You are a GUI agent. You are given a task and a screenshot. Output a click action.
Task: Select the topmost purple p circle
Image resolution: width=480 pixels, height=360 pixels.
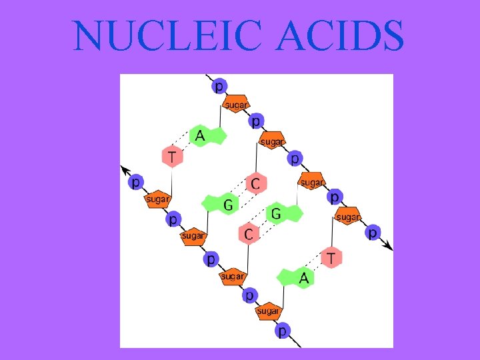[x=219, y=87]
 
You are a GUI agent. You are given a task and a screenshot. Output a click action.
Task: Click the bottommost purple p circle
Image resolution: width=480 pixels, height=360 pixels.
[x=283, y=330]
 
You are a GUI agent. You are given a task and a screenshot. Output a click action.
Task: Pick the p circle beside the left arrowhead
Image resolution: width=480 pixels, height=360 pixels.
[x=135, y=181]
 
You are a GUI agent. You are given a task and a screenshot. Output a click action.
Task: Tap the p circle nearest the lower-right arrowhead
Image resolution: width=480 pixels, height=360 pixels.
[x=373, y=232]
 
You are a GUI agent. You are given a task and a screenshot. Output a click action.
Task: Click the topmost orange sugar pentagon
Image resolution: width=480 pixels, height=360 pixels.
[x=235, y=104]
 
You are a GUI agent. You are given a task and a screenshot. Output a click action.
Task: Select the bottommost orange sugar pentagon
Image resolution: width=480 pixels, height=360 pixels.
[x=268, y=311]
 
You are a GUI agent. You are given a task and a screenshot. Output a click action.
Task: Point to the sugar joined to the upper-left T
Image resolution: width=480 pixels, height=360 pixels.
[x=158, y=199]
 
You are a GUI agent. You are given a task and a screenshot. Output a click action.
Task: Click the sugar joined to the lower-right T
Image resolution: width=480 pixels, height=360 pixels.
[x=347, y=217]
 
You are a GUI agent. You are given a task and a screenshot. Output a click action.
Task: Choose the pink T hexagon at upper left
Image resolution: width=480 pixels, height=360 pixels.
[x=173, y=157]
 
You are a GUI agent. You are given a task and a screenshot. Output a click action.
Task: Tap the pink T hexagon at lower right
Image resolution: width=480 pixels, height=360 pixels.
[x=331, y=257]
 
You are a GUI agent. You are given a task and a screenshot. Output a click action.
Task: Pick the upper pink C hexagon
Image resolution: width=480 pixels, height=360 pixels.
[x=255, y=183]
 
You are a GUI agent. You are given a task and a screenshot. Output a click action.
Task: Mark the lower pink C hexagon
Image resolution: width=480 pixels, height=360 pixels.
[x=249, y=233]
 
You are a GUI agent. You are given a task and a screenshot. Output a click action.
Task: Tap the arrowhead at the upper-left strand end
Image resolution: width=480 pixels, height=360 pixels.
[x=123, y=167]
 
